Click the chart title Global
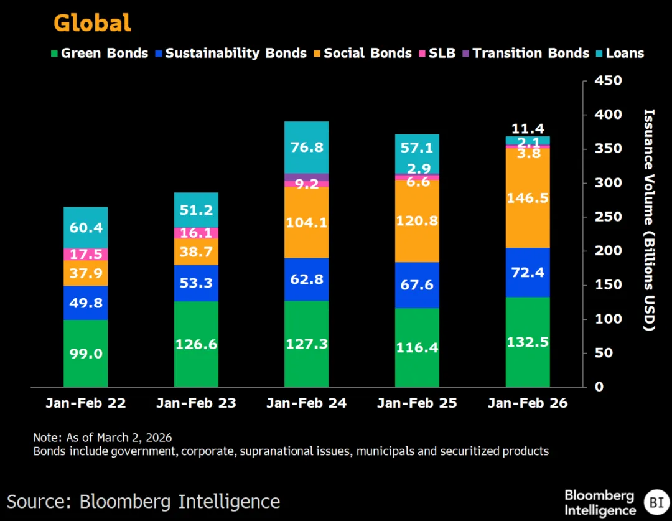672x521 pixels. (92, 23)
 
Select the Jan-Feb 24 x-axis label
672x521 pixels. (306, 403)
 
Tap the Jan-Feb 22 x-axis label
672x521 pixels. (85, 403)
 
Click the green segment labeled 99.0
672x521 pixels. (85, 354)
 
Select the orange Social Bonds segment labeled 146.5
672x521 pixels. (527, 197)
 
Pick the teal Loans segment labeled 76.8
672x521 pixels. (306, 148)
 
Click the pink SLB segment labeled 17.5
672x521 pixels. (85, 254)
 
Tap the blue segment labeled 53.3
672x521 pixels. (196, 283)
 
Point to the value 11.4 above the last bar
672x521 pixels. (527, 129)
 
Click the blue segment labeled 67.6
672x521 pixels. (417, 285)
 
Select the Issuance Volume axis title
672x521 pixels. (649, 220)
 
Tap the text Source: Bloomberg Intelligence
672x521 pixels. (144, 501)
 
